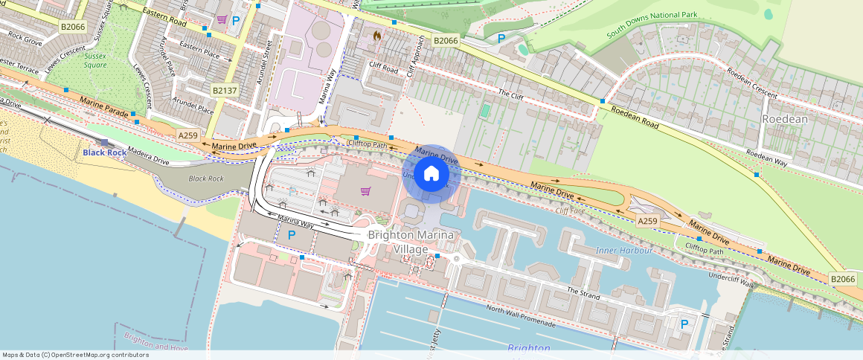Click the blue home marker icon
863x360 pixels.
(x=431, y=174)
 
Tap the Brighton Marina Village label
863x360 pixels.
(x=411, y=242)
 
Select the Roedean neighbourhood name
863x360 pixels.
(x=784, y=119)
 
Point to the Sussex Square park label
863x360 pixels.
(x=95, y=60)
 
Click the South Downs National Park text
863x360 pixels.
(x=651, y=24)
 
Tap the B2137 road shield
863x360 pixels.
(x=224, y=90)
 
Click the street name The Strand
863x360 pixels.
(x=583, y=293)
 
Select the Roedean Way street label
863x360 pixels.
(x=766, y=155)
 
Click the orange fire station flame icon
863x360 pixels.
(x=376, y=34)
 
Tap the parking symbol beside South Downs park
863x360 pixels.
(x=501, y=38)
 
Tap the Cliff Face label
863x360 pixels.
(x=571, y=211)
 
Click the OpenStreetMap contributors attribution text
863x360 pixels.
(x=74, y=355)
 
